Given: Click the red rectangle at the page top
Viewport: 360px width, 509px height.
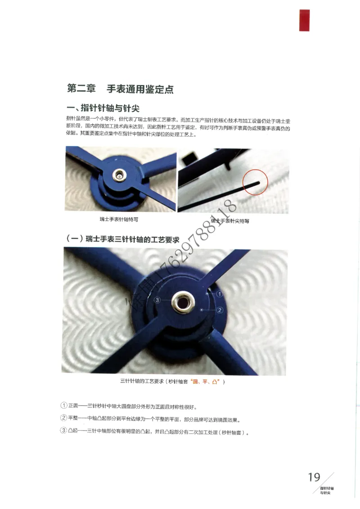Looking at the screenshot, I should [305, 20].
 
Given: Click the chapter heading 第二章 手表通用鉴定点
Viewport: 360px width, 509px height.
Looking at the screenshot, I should [120, 89].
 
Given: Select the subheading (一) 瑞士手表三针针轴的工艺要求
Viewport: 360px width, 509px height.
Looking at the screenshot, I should [122, 239].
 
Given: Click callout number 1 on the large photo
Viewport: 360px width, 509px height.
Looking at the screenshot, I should [220, 293].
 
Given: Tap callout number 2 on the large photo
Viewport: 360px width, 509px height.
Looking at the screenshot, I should [220, 310].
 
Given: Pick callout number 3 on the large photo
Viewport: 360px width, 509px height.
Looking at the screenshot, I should [157, 300].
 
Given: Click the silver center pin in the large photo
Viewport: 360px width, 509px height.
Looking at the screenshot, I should [184, 301].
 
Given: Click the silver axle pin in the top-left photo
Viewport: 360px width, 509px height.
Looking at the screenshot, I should [120, 174].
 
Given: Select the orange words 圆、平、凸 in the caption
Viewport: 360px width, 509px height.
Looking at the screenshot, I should [205, 382].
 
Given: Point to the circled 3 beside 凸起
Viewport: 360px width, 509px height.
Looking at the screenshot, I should [63, 431].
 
